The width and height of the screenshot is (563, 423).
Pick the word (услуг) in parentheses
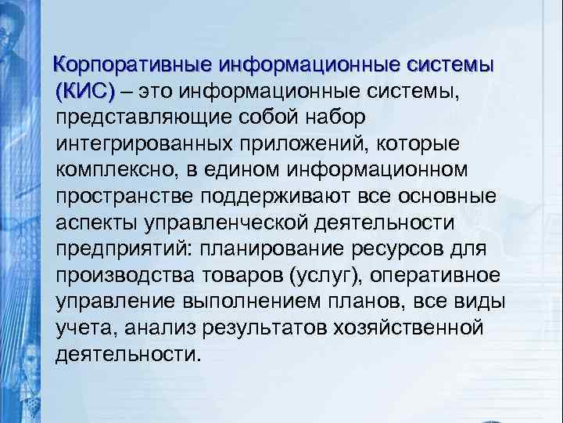(x=314, y=275)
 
